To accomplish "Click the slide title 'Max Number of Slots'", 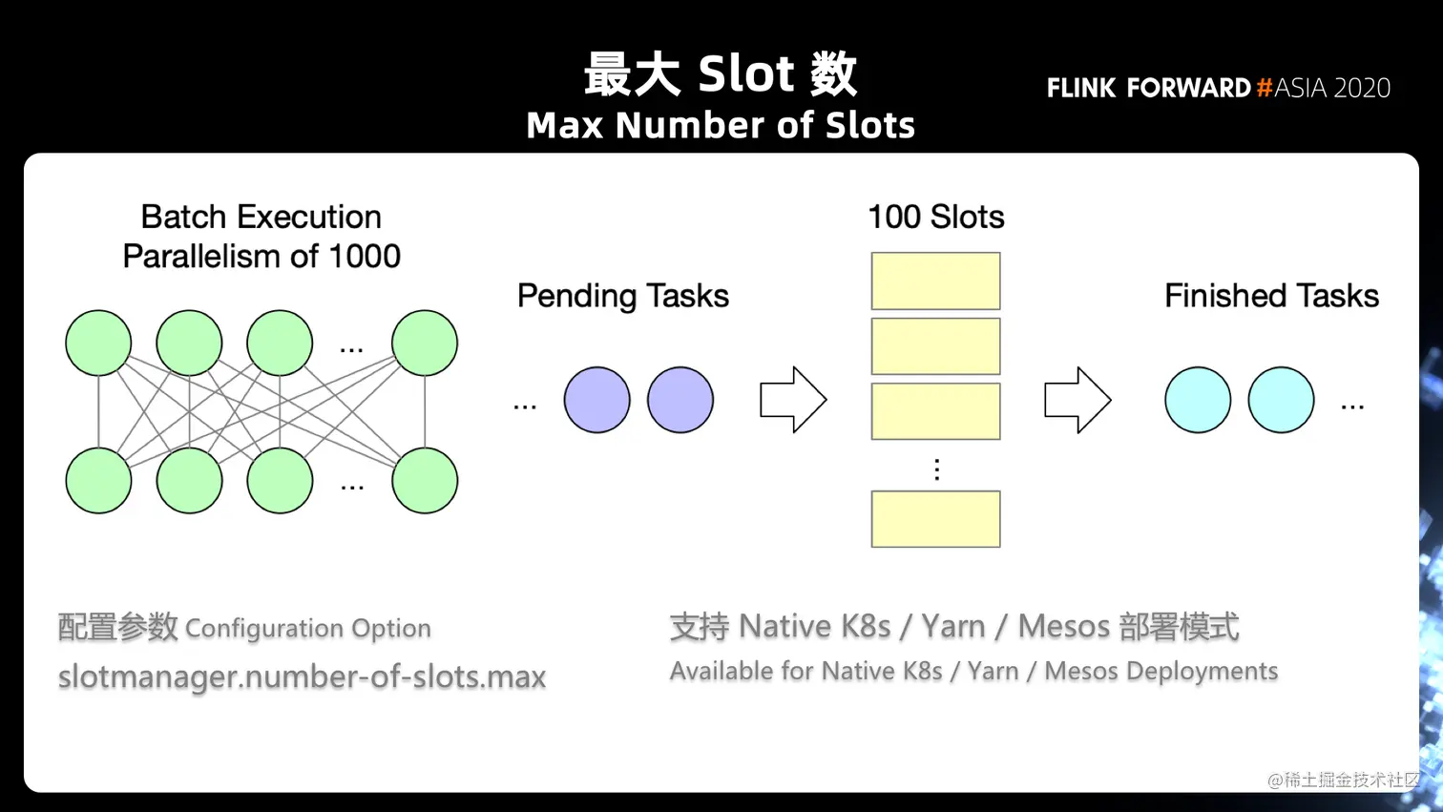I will [721, 126].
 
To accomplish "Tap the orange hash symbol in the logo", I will [1265, 88].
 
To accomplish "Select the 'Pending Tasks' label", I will [622, 296].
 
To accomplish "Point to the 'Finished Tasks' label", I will [1271, 296].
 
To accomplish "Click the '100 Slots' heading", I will [935, 218].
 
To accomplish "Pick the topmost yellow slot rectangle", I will [935, 281].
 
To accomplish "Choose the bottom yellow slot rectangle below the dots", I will [935, 519].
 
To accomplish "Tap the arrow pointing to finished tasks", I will [1077, 400].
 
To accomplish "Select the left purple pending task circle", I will [596, 400].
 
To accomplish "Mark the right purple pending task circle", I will [680, 400].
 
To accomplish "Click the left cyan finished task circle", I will [1198, 400].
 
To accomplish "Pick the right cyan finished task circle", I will [1281, 400].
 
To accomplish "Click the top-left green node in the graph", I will [98, 343].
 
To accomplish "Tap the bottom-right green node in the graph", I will [425, 480].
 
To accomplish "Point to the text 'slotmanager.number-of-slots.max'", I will [302, 677].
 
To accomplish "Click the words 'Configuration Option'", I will [307, 629].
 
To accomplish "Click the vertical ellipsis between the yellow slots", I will [936, 469].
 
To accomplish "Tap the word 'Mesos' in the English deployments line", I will [1081, 672].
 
